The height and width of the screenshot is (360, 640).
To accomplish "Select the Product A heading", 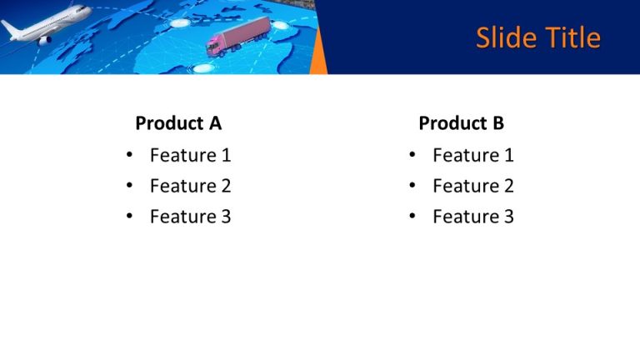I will [x=178, y=123].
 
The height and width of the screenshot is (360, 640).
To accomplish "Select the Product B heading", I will [x=461, y=123].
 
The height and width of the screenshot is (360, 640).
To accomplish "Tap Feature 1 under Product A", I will [x=190, y=155].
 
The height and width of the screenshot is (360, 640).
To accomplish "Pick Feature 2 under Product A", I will [x=190, y=186].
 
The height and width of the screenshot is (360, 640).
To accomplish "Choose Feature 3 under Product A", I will [x=190, y=217].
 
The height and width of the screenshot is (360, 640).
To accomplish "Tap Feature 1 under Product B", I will [x=472, y=155].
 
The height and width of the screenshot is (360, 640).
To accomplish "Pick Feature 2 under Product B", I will [x=472, y=186].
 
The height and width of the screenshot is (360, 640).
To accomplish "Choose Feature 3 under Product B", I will [x=472, y=217].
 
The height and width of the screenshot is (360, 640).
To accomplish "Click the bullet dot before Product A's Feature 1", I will [x=128, y=156].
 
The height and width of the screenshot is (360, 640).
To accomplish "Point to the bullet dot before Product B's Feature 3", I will [x=412, y=217].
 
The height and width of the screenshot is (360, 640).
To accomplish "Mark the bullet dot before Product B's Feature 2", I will [x=412, y=187].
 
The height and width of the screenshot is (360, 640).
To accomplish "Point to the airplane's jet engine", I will [x=44, y=37].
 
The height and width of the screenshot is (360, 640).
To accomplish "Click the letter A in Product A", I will [x=215, y=123].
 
